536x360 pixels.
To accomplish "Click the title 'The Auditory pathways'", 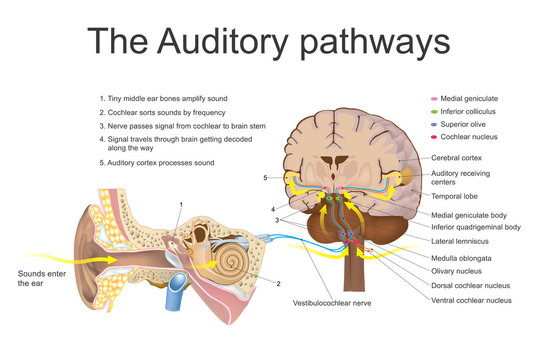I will (x=268, y=41).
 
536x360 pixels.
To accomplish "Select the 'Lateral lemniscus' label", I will (x=461, y=241).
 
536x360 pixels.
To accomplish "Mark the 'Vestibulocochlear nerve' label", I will (x=330, y=302).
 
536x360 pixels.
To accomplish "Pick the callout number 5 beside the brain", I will (x=265, y=178).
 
